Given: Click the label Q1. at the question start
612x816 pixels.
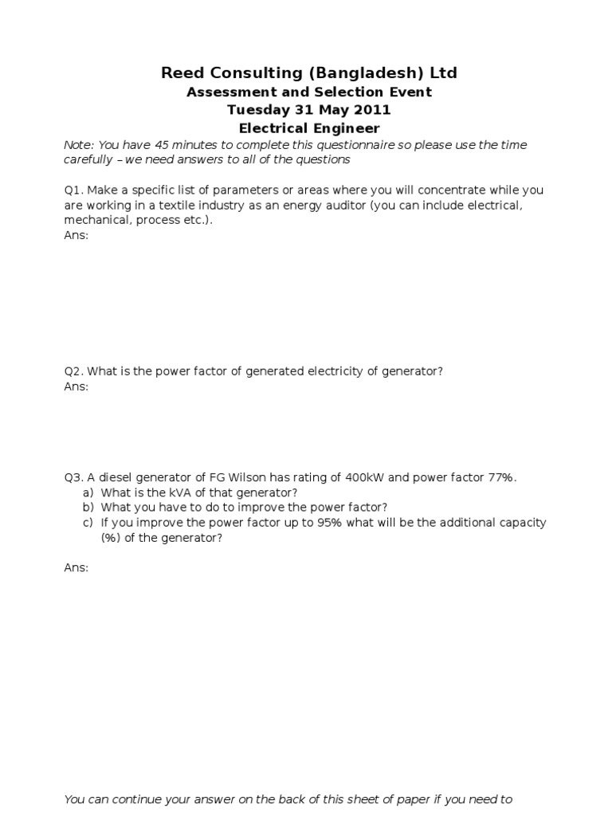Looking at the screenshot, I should [x=74, y=190].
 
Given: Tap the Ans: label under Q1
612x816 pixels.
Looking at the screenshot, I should [x=76, y=236].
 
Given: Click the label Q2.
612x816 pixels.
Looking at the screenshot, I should [x=74, y=371].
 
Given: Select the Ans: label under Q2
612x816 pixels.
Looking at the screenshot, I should [x=76, y=386].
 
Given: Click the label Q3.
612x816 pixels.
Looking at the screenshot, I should [x=74, y=477].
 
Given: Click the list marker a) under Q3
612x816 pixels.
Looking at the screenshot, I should [x=88, y=492].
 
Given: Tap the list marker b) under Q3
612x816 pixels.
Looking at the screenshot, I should [x=88, y=508].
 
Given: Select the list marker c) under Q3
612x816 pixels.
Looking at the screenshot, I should [x=88, y=523].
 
